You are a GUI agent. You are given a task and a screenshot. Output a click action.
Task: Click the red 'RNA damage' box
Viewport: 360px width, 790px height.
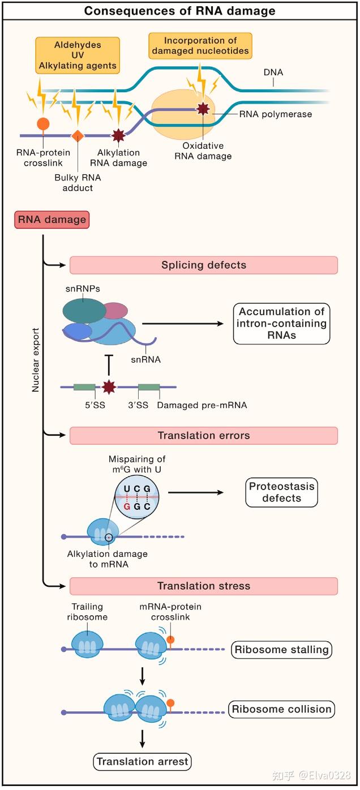52,220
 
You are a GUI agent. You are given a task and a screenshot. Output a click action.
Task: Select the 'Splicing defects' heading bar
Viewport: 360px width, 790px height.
203,265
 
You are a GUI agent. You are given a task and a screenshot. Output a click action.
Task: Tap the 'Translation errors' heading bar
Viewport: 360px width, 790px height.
203,436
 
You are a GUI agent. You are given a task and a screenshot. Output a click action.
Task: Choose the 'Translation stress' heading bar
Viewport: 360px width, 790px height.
203,586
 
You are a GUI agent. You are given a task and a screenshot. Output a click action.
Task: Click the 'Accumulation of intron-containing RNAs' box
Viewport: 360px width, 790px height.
282,323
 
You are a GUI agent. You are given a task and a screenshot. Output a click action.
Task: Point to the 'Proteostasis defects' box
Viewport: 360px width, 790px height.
281,492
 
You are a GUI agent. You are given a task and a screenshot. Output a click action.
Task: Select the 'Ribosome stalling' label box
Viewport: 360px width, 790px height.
281,650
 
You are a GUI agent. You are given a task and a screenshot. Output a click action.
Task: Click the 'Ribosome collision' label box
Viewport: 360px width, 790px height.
281,709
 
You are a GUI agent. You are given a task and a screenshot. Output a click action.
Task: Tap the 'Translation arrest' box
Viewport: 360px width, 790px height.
142,762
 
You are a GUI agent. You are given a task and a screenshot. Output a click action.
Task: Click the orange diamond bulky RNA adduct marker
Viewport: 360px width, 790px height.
78,136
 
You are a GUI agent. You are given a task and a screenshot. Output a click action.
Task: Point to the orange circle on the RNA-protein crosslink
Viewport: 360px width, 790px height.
42,123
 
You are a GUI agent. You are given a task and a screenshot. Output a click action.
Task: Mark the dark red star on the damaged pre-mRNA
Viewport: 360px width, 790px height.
108,387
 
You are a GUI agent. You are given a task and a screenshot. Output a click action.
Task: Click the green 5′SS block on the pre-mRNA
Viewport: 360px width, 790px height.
84,387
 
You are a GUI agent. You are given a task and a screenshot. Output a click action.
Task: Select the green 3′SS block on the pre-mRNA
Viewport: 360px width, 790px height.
148,387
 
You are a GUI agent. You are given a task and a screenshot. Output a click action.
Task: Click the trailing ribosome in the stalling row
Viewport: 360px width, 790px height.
88,643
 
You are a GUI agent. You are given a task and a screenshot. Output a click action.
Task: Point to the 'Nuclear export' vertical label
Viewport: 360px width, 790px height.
36,359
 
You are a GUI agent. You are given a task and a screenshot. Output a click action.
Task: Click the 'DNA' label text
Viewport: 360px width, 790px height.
273,72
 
